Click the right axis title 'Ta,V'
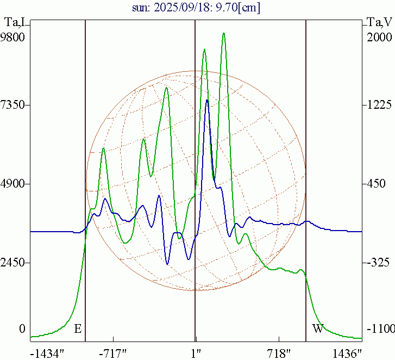tap(379, 23)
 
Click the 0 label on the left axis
tap(22, 329)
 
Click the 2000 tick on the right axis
tap(379, 38)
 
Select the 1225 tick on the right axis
tap(378, 104)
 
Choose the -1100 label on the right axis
tap(379, 329)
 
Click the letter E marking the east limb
tap(78, 328)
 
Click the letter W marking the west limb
tap(318, 328)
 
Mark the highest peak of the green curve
tap(223, 34)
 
